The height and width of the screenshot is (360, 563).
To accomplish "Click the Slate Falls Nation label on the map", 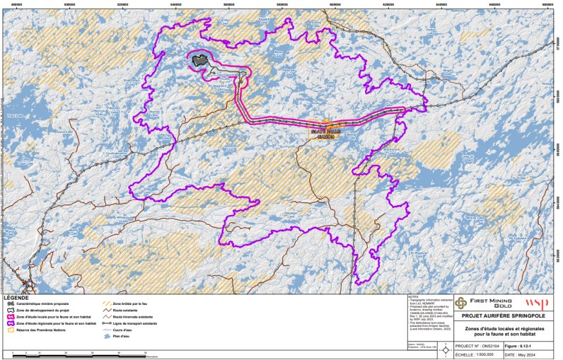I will tap(322, 133).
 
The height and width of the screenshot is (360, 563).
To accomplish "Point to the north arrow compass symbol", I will tap(444, 349).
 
